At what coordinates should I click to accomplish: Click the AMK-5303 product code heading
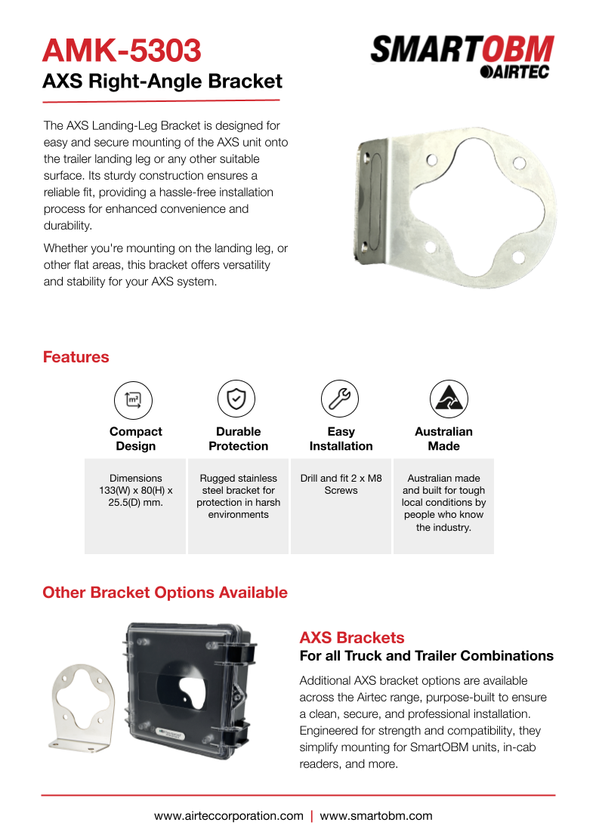pos(122,51)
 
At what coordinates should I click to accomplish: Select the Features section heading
pos(76,357)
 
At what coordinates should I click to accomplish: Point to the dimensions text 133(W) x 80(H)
pos(136,490)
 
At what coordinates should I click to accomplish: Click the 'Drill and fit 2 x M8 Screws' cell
pos(341,485)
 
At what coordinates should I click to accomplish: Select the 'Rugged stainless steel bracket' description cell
pos(239,496)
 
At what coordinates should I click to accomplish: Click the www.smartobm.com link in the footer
pos(376,816)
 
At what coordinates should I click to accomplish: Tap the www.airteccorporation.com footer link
pos(228,816)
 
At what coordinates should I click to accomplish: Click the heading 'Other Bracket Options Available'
pos(165,593)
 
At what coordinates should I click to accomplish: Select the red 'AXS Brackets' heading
pos(352,637)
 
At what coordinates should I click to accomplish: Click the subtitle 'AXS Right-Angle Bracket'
pos(162,81)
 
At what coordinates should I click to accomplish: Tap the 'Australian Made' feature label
pos(443,439)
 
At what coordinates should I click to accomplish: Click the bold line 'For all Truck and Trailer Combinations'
pos(426,655)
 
